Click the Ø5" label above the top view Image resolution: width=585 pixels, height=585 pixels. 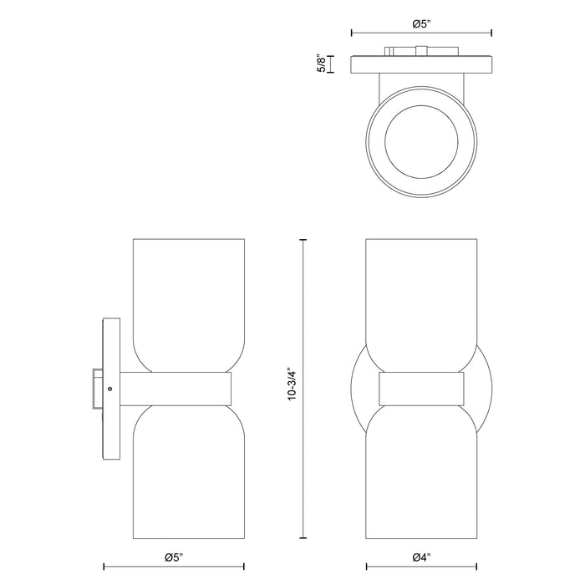pyautogui.click(x=421, y=24)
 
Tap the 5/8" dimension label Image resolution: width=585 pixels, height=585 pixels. pyautogui.click(x=321, y=64)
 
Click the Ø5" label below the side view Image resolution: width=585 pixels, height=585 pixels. pyautogui.click(x=174, y=557)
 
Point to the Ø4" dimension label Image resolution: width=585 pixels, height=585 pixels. pyautogui.click(x=421, y=557)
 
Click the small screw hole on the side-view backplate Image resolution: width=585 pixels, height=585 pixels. pyautogui.click(x=109, y=389)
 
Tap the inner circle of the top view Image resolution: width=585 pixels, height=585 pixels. pyautogui.click(x=421, y=143)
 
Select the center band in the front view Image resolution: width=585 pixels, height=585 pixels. pyautogui.click(x=421, y=389)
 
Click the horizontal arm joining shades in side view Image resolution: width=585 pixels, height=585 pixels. pyautogui.click(x=175, y=389)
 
